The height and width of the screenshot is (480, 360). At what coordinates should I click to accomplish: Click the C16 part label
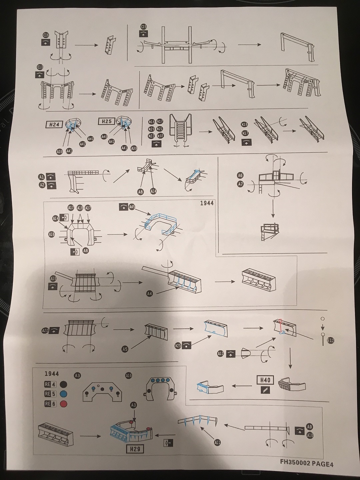[46, 35]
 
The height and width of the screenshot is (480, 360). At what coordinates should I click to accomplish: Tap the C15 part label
[144, 27]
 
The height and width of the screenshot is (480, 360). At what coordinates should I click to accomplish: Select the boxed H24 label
[54, 125]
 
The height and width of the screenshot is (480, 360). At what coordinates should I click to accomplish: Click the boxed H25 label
[106, 121]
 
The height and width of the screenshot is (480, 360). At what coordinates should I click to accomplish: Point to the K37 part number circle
[160, 136]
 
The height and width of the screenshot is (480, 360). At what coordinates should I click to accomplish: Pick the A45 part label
[132, 207]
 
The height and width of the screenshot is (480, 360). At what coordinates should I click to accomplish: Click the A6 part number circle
[240, 175]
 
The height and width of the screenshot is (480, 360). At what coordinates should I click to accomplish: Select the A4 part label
[149, 294]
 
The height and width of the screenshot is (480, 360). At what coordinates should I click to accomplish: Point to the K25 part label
[178, 346]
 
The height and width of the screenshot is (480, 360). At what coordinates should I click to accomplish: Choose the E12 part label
[331, 340]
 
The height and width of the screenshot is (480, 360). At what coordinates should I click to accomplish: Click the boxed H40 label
[265, 380]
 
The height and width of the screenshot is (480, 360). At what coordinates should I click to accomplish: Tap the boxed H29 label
[135, 449]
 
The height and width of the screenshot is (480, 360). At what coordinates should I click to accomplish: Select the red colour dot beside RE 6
[63, 404]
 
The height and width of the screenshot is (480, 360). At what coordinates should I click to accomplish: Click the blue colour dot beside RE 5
[63, 394]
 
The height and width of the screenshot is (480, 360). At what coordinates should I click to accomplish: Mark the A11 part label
[217, 443]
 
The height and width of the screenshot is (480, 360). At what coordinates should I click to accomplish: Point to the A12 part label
[220, 354]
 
